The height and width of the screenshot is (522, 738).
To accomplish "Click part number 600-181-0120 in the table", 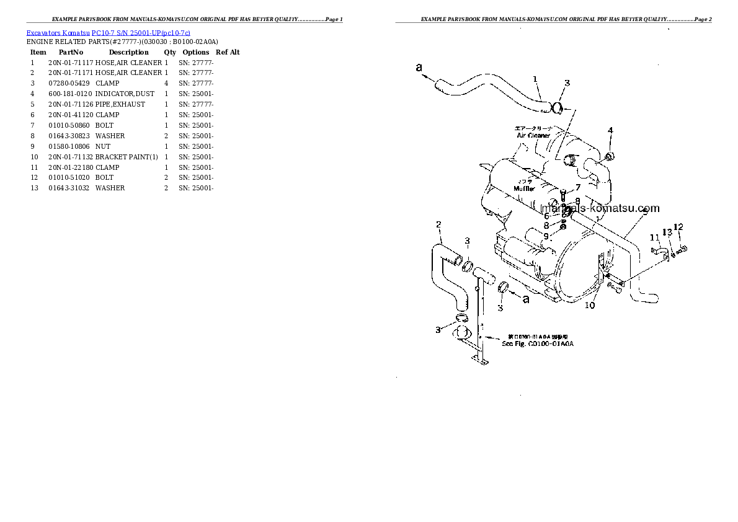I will pos(70,94).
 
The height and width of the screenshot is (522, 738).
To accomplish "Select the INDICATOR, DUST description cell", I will pos(125,94).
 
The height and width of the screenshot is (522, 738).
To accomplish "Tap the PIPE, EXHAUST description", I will pos(120,104).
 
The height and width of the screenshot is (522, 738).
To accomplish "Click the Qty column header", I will pos(170,52).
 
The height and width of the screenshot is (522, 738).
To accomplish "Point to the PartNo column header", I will pos(71,52).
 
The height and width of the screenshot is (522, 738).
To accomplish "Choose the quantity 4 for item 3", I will pos(166,83).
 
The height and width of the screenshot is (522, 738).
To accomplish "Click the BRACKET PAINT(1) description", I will pos(127,157).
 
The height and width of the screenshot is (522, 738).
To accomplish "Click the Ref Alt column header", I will pos(228,52).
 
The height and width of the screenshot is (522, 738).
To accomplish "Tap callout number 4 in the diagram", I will pos(610,130).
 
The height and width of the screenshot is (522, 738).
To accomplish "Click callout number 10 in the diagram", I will pos(590,305).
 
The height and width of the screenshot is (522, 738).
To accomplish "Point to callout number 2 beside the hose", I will pos(438,224).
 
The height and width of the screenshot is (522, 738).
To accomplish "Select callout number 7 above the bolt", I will pos(577,187).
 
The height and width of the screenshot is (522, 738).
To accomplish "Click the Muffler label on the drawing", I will pos(523,188).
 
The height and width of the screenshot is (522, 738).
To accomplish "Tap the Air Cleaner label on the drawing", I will pos(533,135).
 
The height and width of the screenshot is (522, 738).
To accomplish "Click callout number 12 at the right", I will pos(678,226).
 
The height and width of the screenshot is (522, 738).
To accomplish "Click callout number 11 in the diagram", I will pos(654,237).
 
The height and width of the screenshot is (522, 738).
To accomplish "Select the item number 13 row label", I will pos(35,188).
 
